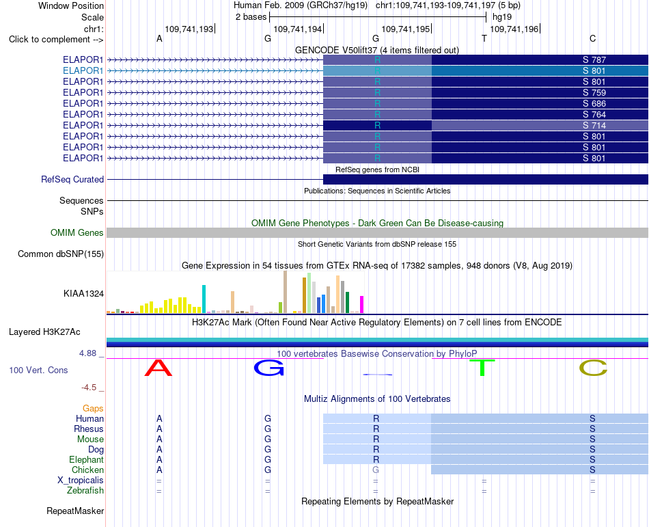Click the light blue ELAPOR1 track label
pos(83,71)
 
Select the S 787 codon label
pos(594,60)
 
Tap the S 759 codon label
pos(594,93)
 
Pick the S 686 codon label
pos(594,103)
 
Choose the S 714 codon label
pos(594,126)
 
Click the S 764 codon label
pos(594,115)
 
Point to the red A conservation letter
pos(158,368)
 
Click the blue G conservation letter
pos(269,368)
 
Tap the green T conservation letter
pos(482,368)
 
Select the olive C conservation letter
pos(593,368)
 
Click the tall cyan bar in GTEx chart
pos(204,299)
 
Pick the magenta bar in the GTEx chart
pos(362,304)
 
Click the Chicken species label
pos(87,470)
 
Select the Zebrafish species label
pos(85,491)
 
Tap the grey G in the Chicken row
pos(376,470)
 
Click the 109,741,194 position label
pos(298,29)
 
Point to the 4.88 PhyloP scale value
pos(87,353)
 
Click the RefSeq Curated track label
pos(72,179)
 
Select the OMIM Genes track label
pos(77,232)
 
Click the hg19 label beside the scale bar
pos(502,17)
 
